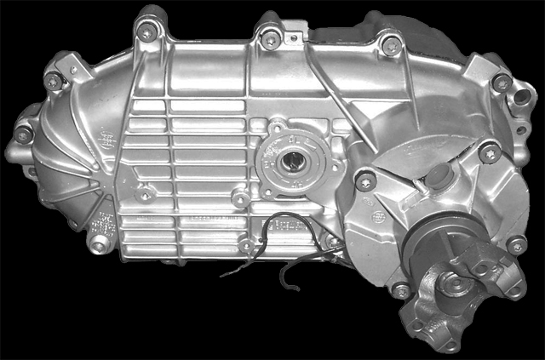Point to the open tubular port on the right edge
pos(519,100)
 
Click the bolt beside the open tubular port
pos(502,83)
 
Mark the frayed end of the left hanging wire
pos(223,274)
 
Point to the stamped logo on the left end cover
pos(105,138)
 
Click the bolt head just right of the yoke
pos(514,246)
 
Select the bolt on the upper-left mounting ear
pos(54,79)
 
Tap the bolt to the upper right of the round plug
pos(488,154)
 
